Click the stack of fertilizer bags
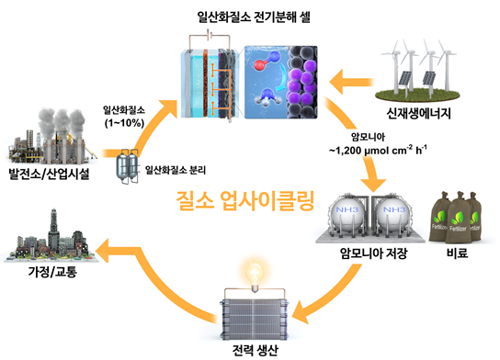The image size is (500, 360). click(456, 218)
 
